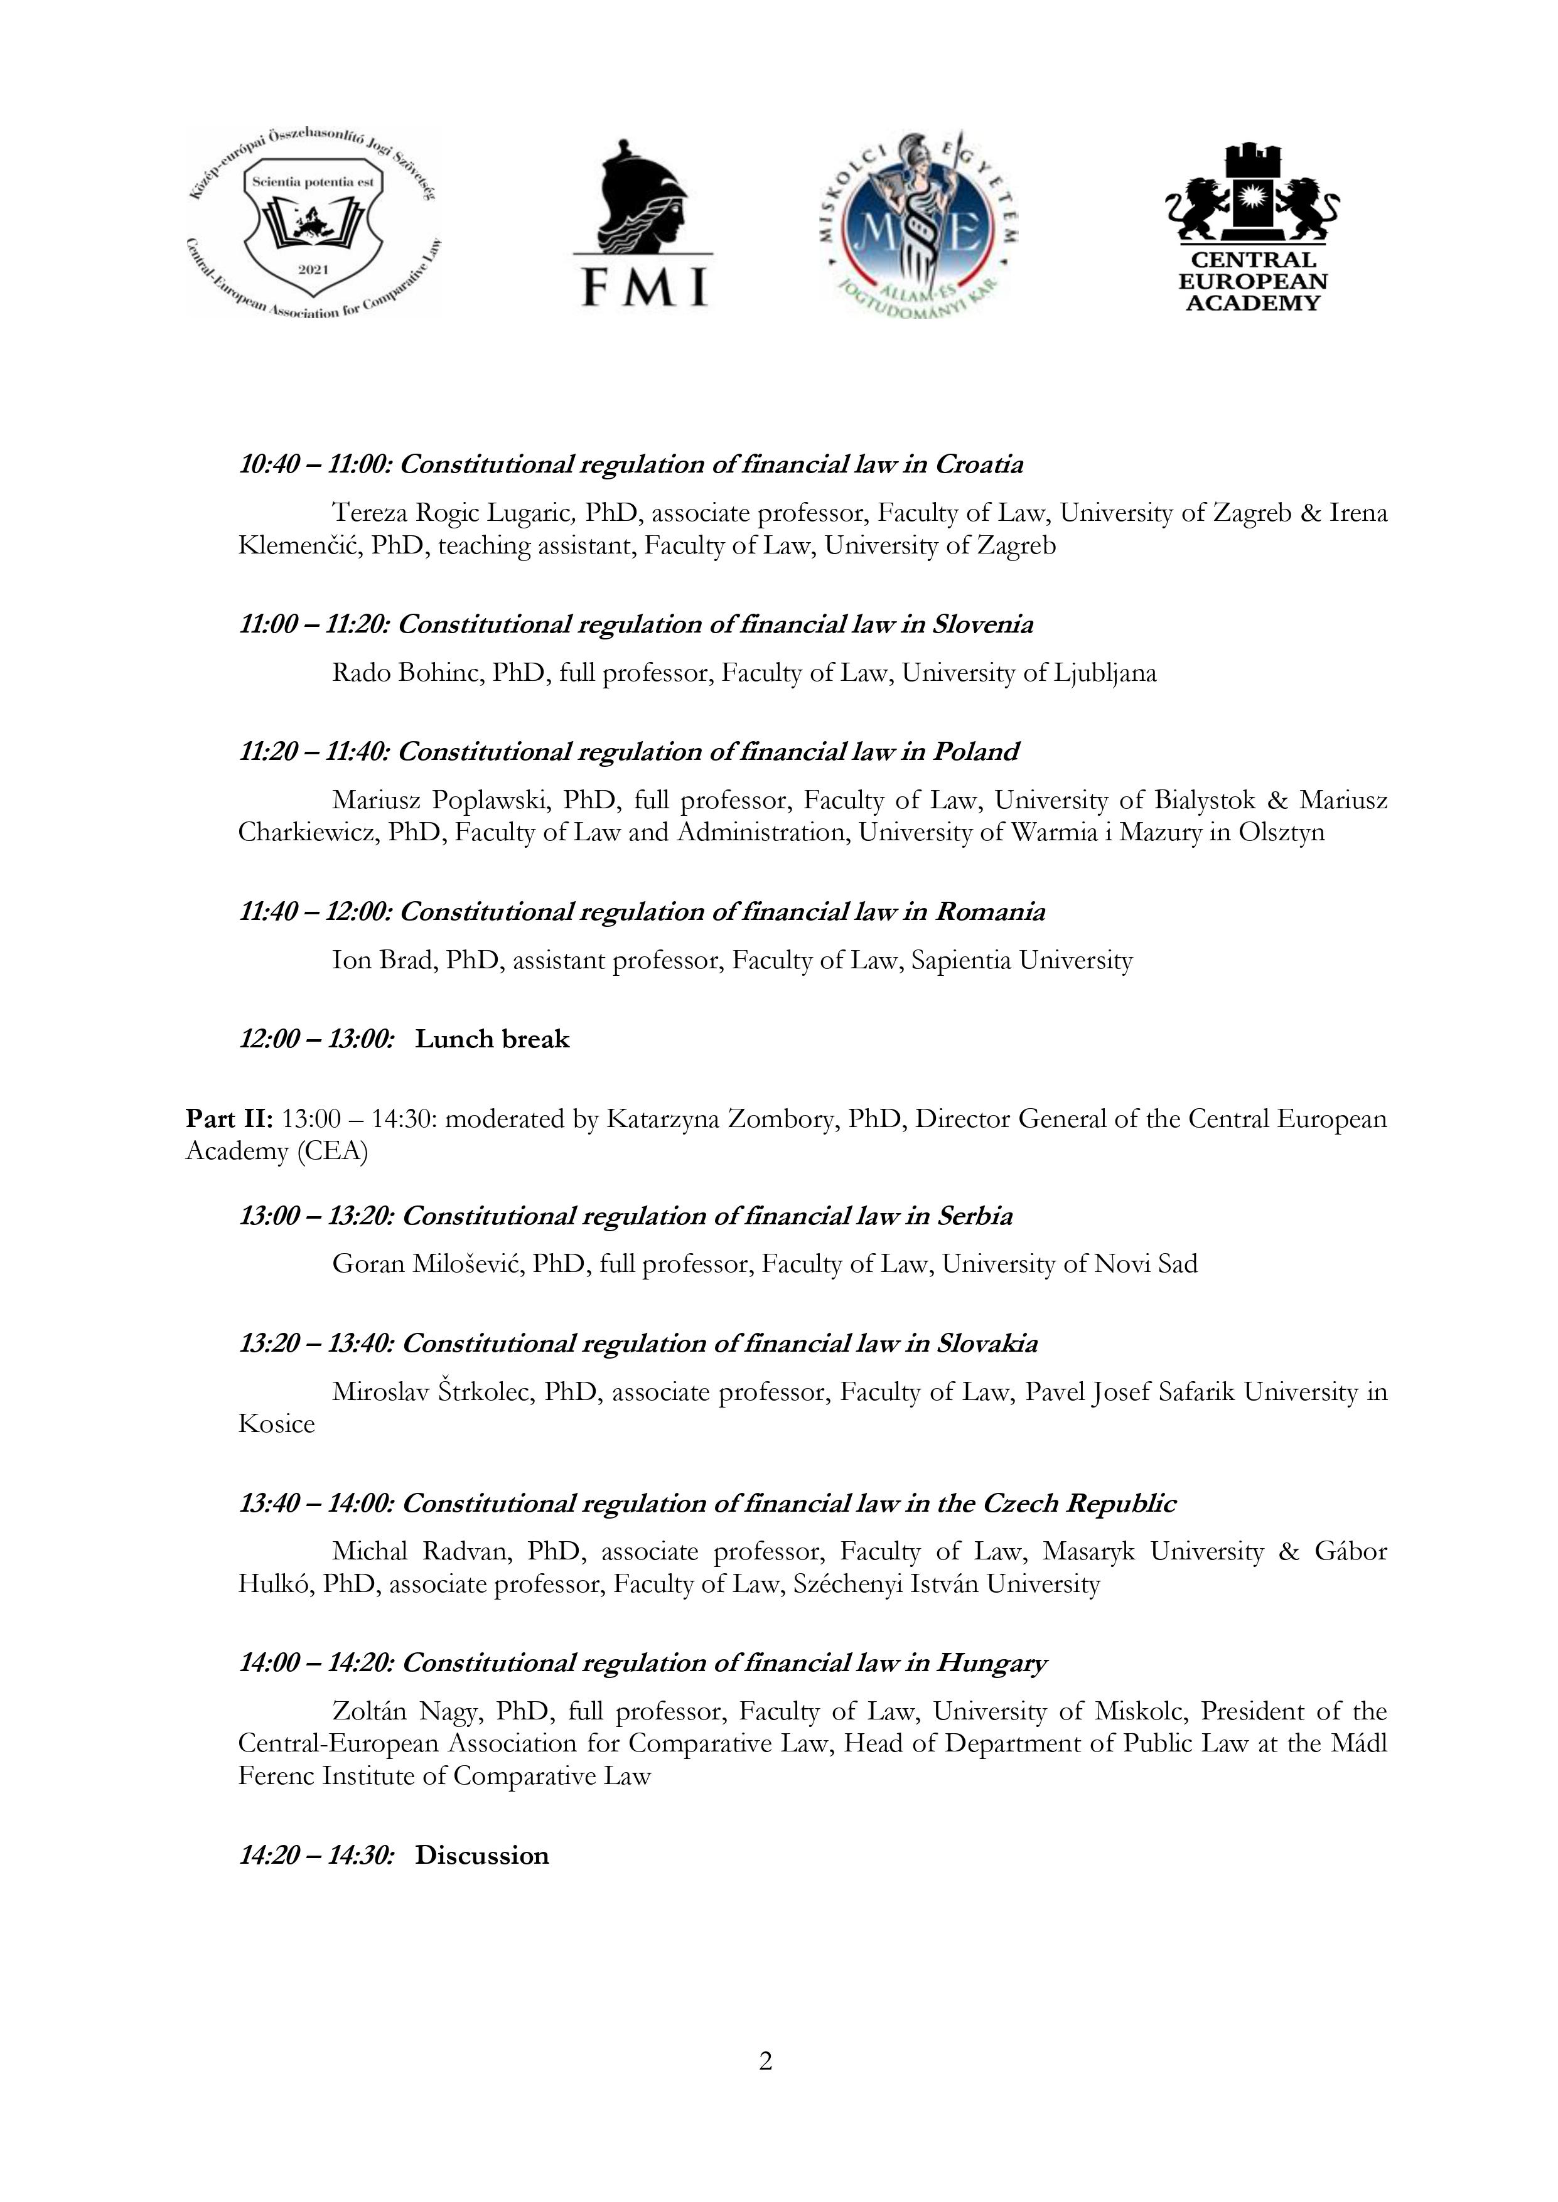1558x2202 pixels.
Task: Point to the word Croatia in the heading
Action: pos(979,465)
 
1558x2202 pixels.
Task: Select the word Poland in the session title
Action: pos(975,752)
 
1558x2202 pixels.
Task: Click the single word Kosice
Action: pos(276,1424)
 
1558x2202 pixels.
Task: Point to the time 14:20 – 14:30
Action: pos(316,1856)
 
